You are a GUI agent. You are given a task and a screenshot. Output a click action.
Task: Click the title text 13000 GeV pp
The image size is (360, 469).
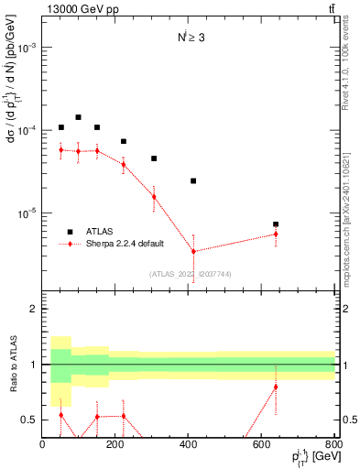(76, 9)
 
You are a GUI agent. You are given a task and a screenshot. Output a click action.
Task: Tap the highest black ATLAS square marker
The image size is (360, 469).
(79, 117)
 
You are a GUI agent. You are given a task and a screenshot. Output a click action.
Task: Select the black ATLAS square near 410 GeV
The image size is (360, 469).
(193, 180)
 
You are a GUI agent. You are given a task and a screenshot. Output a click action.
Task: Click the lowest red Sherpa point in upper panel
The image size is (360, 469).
(193, 251)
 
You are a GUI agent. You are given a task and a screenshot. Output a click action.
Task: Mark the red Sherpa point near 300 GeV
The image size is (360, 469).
(154, 197)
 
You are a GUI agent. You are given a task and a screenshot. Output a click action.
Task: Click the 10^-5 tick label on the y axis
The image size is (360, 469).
(26, 213)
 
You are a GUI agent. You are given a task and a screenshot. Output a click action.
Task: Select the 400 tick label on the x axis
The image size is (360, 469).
(188, 444)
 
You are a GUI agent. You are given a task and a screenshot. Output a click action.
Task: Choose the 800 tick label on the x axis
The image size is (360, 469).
(333, 444)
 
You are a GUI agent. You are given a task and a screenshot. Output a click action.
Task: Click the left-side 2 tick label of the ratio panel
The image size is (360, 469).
(33, 310)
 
